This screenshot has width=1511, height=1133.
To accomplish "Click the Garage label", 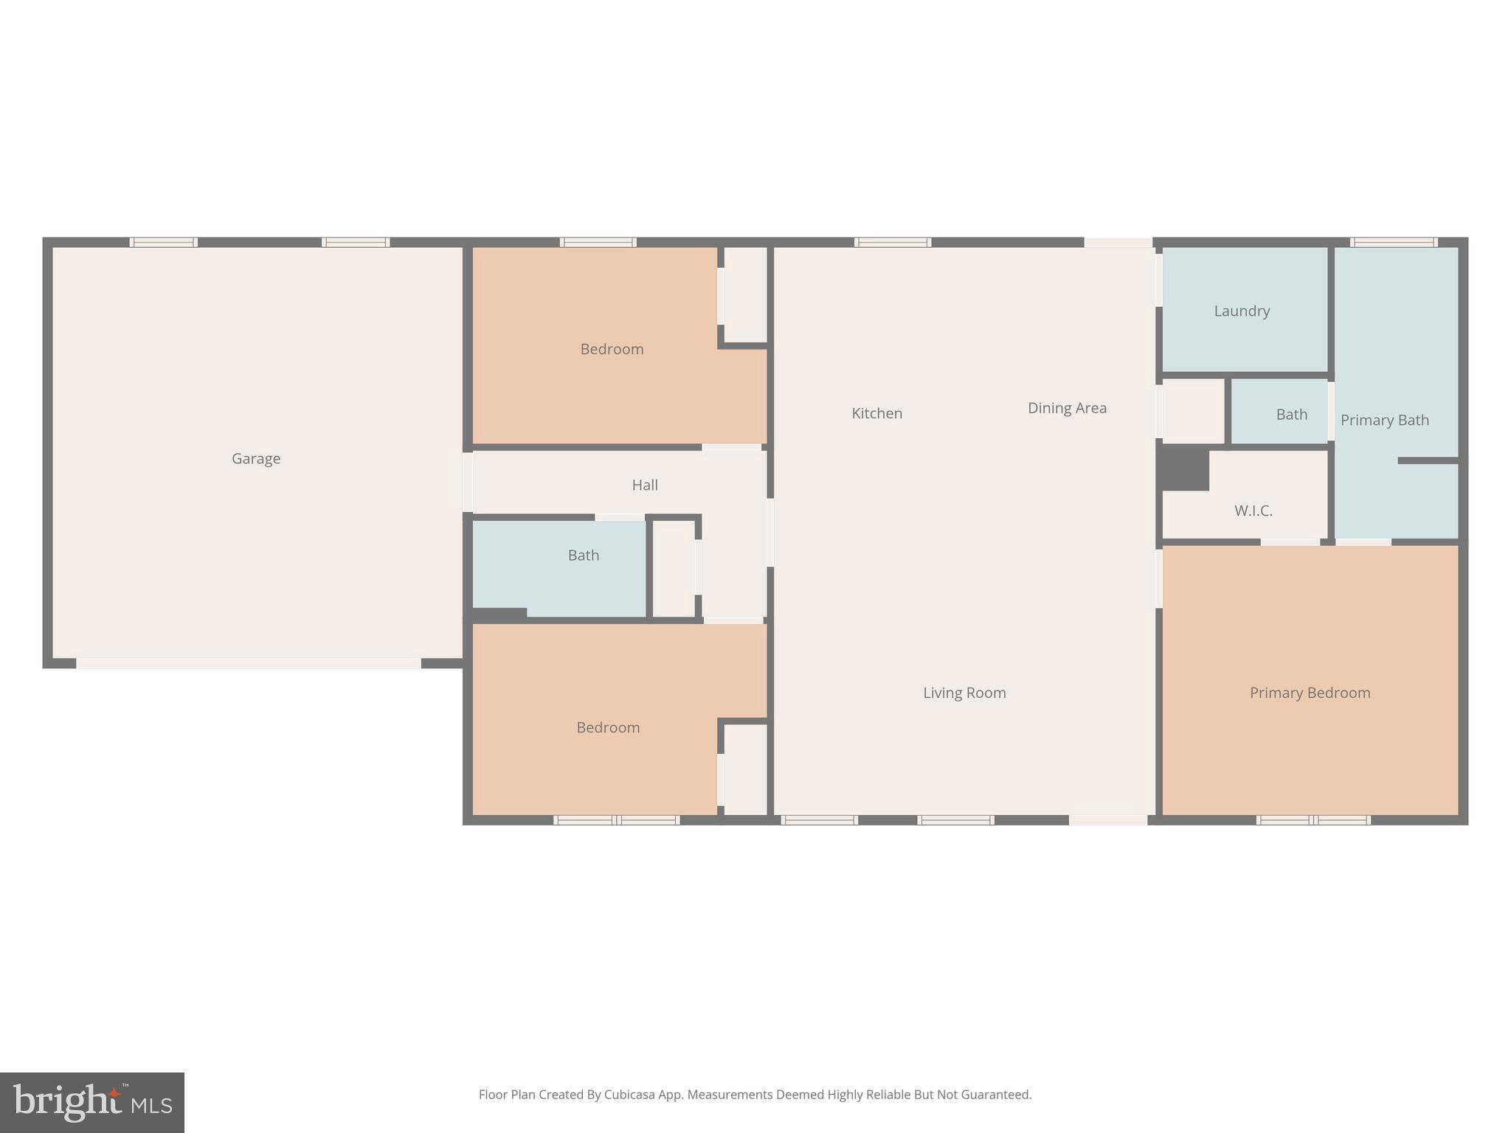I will (256, 459).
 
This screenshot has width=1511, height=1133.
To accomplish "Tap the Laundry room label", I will (1242, 311).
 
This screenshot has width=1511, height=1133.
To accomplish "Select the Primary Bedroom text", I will (1310, 693).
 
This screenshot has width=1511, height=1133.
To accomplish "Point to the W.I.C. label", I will (1253, 510).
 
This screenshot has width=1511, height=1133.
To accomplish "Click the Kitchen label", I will (876, 413).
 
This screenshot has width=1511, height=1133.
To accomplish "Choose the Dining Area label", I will (1067, 408).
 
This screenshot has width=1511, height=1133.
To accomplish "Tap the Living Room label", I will (964, 693).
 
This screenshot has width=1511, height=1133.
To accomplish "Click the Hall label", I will (644, 485).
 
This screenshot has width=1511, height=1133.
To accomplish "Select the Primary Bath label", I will (1384, 420).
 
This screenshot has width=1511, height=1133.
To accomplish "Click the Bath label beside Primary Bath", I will (1291, 415).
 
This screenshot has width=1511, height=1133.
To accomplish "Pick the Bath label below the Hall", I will (583, 555).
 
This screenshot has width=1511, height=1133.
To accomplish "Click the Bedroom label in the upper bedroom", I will (612, 349).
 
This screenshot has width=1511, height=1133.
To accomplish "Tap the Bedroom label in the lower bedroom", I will (608, 727).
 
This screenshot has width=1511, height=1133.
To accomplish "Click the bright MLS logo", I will (92, 1102).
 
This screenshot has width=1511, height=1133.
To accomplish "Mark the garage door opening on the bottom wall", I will (249, 663).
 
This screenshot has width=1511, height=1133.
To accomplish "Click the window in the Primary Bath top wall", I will (1394, 242).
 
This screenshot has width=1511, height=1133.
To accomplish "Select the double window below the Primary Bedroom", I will (1313, 820).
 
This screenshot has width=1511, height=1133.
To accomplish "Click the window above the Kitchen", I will (893, 242).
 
